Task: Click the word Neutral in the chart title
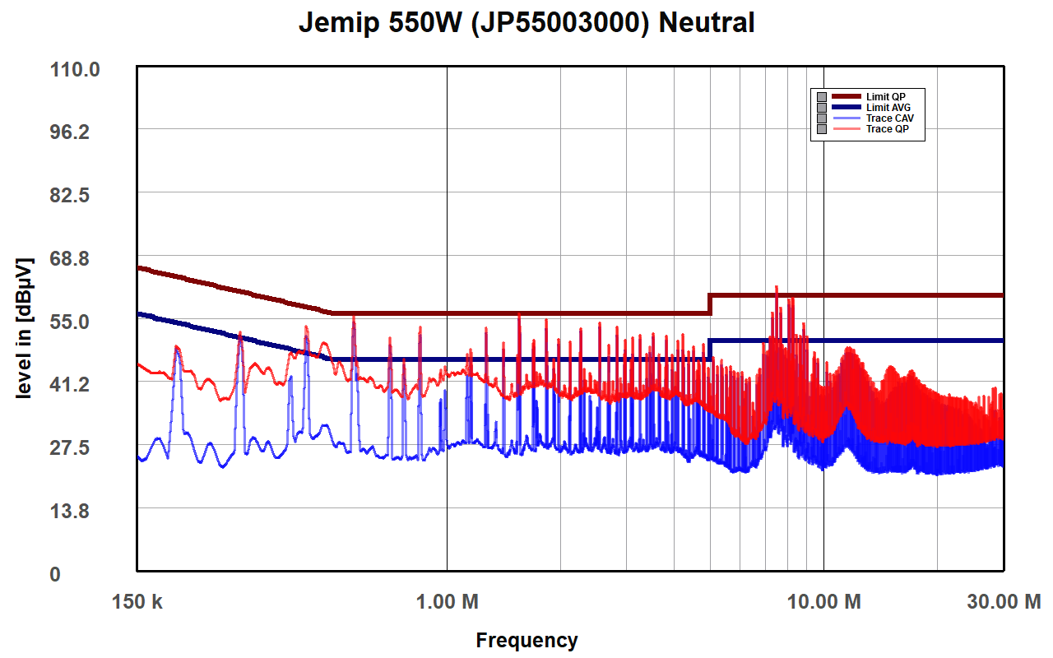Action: [707, 23]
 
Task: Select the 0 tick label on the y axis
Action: [55, 574]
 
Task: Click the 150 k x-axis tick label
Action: [137, 602]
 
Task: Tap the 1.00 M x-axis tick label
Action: [448, 602]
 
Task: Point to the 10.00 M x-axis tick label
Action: [823, 602]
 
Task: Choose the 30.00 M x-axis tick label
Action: [1003, 602]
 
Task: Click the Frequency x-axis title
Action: [526, 640]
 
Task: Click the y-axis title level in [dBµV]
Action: [24, 328]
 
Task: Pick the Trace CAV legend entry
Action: [889, 118]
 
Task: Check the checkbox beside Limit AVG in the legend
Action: [821, 108]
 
